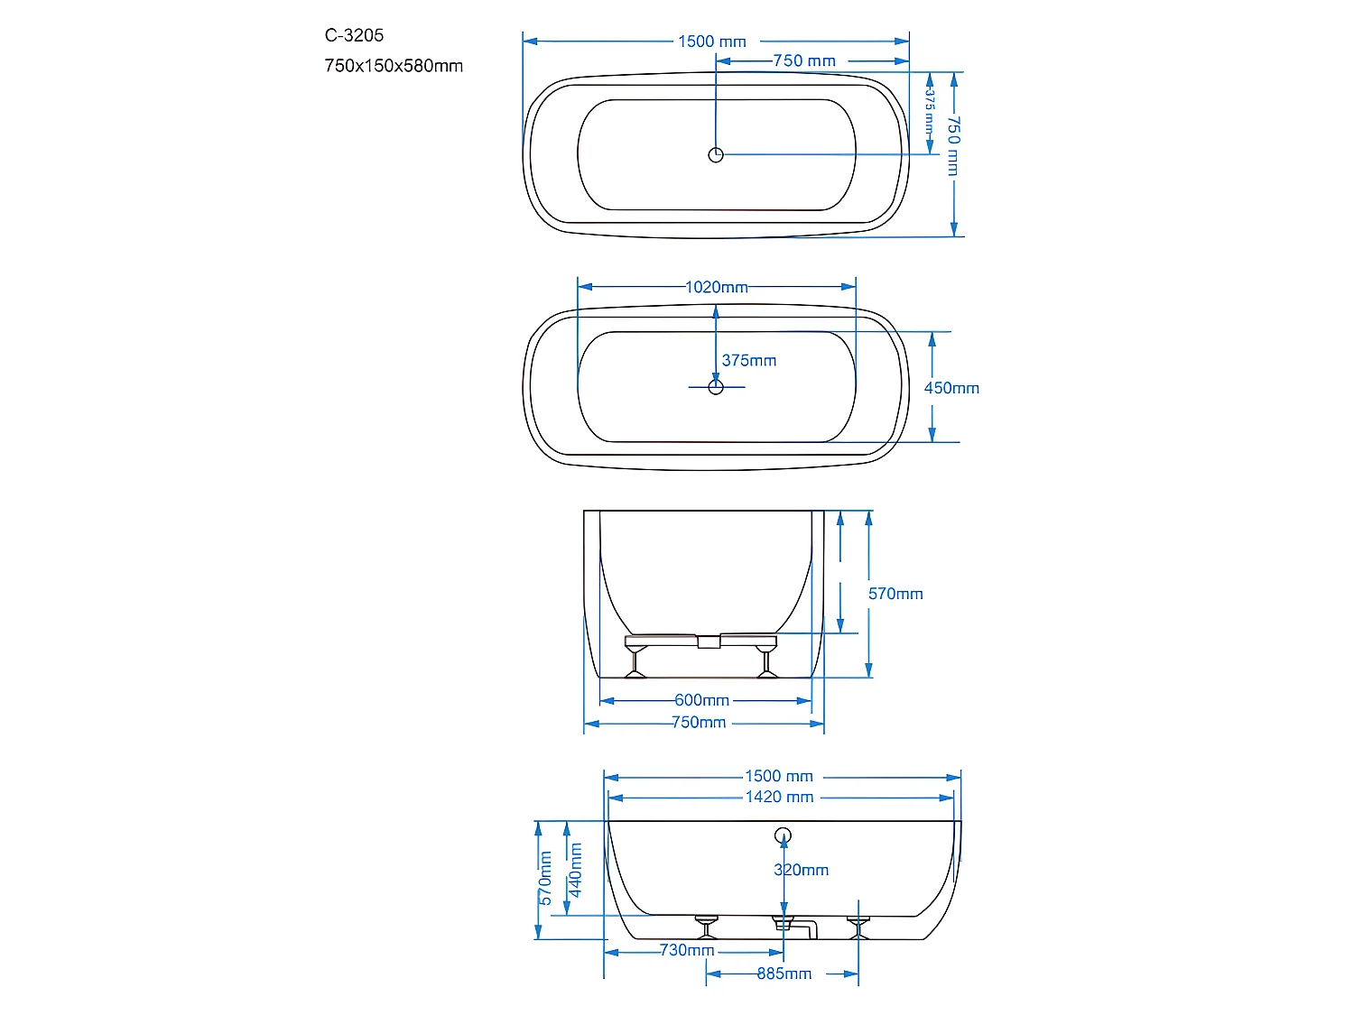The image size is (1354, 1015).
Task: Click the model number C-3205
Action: click(354, 35)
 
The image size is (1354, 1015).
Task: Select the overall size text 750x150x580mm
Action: click(394, 66)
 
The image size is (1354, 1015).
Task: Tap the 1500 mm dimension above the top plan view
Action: click(712, 42)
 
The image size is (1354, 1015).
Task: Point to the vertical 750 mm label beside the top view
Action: click(953, 145)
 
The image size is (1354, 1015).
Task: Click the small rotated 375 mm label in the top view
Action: click(929, 111)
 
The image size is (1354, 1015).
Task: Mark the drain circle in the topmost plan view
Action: click(716, 155)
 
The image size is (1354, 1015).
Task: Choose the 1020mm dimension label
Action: click(717, 287)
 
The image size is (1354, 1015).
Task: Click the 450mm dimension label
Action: click(951, 388)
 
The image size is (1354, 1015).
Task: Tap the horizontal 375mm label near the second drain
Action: click(749, 361)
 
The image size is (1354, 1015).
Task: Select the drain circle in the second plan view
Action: click(716, 387)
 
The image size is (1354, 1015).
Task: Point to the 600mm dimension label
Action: click(701, 700)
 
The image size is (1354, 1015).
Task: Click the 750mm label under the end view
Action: click(699, 723)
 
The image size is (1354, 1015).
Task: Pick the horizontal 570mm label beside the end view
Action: click(895, 594)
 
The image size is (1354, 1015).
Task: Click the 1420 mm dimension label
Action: click(779, 798)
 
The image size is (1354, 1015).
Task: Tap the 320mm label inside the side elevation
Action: click(801, 870)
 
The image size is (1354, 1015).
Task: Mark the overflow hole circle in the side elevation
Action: click(783, 835)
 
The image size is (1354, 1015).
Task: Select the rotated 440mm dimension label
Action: click(575, 870)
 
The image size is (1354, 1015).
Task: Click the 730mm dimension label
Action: click(687, 950)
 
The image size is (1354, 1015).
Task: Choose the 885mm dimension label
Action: click(784, 973)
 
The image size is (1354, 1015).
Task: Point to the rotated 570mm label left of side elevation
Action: click(545, 878)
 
